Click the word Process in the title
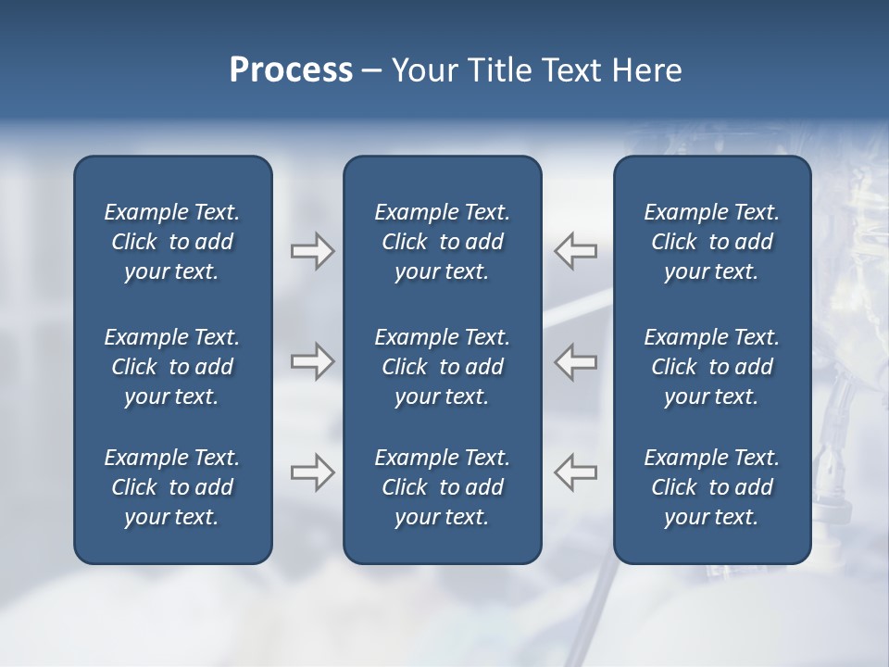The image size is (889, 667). pyautogui.click(x=291, y=70)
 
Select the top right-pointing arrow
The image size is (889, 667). pyautogui.click(x=312, y=251)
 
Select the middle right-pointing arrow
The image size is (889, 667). pyautogui.click(x=312, y=361)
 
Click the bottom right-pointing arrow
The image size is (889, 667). pyautogui.click(x=312, y=472)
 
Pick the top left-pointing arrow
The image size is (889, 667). pyautogui.click(x=576, y=251)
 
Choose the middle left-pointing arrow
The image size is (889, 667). pyautogui.click(x=576, y=361)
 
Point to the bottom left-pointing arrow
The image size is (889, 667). pyautogui.click(x=576, y=472)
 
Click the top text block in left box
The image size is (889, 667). pyautogui.click(x=172, y=242)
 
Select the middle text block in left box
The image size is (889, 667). pyautogui.click(x=172, y=367)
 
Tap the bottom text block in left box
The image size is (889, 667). pyautogui.click(x=172, y=487)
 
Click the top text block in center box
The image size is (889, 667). pyautogui.click(x=442, y=242)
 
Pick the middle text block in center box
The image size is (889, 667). pyautogui.click(x=442, y=367)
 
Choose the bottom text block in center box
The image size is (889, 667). pyautogui.click(x=442, y=487)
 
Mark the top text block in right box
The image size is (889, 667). pyautogui.click(x=711, y=242)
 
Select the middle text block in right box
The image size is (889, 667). pyautogui.click(x=711, y=367)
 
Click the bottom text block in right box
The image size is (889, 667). pyautogui.click(x=711, y=487)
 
